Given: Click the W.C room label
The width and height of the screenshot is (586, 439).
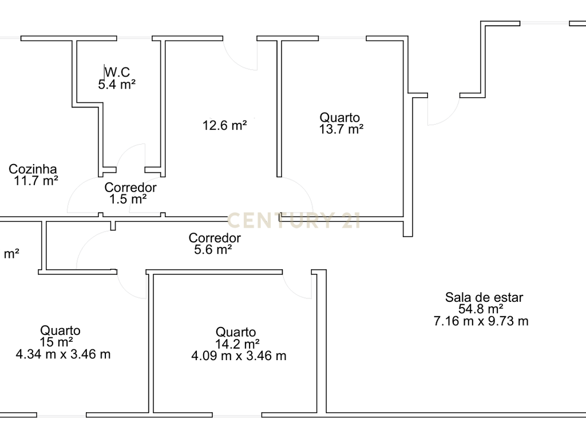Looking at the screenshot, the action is [x=117, y=71].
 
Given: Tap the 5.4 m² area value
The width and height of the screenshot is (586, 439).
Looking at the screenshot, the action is [x=117, y=85].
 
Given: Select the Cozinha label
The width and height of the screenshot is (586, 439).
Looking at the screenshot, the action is [x=33, y=169].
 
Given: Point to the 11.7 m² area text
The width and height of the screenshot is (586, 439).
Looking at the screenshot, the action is [x=36, y=181].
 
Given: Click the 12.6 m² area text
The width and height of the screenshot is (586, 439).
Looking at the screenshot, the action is [x=224, y=125].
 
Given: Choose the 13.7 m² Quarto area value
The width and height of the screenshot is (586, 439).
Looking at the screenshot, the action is [x=341, y=129].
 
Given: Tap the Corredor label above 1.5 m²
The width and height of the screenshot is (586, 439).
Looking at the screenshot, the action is [x=130, y=187].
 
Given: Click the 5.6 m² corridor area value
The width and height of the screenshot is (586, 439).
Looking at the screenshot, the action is [x=213, y=249].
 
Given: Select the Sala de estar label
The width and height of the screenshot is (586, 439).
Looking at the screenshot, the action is [x=484, y=297].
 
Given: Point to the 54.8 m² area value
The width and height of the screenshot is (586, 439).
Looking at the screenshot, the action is [x=481, y=309].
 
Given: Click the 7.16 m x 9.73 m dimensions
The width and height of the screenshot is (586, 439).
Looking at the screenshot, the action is [x=481, y=321].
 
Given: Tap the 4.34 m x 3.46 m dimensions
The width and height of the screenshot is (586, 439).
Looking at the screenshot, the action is [x=63, y=354].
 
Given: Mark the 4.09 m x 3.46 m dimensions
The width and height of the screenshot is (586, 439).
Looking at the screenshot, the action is [x=239, y=356].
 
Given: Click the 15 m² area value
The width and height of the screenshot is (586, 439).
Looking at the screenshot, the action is [x=57, y=342].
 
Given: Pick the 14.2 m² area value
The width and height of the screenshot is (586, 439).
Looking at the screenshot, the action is [x=237, y=344].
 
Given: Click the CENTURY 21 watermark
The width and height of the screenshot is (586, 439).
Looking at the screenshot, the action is [x=294, y=220].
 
